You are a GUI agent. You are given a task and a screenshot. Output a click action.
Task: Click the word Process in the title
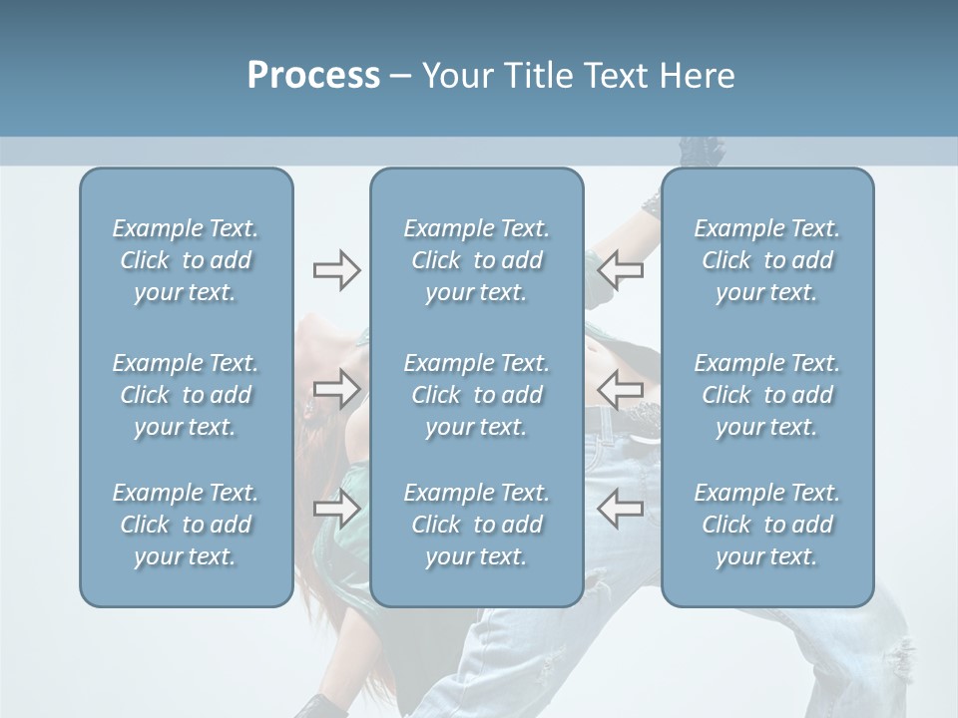313,76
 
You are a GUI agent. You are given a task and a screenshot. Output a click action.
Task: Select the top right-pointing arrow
336,270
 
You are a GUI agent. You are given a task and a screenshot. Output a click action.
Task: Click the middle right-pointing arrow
336,389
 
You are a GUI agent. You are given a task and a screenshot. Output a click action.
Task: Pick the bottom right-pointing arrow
336,510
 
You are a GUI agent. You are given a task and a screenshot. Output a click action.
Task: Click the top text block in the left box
186,260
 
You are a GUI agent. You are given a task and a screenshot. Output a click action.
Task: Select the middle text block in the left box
186,395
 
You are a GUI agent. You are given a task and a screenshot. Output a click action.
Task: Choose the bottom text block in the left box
186,525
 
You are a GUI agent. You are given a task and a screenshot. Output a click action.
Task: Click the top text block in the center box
476,260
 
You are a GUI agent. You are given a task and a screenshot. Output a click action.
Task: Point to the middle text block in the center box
476,395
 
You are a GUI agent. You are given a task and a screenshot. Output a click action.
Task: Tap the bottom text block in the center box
476,525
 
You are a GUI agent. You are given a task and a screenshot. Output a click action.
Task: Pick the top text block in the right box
766,260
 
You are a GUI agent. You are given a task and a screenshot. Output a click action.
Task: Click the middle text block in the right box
766,395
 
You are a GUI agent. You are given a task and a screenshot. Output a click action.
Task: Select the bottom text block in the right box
766,525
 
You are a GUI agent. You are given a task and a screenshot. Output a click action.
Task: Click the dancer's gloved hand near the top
703,153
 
